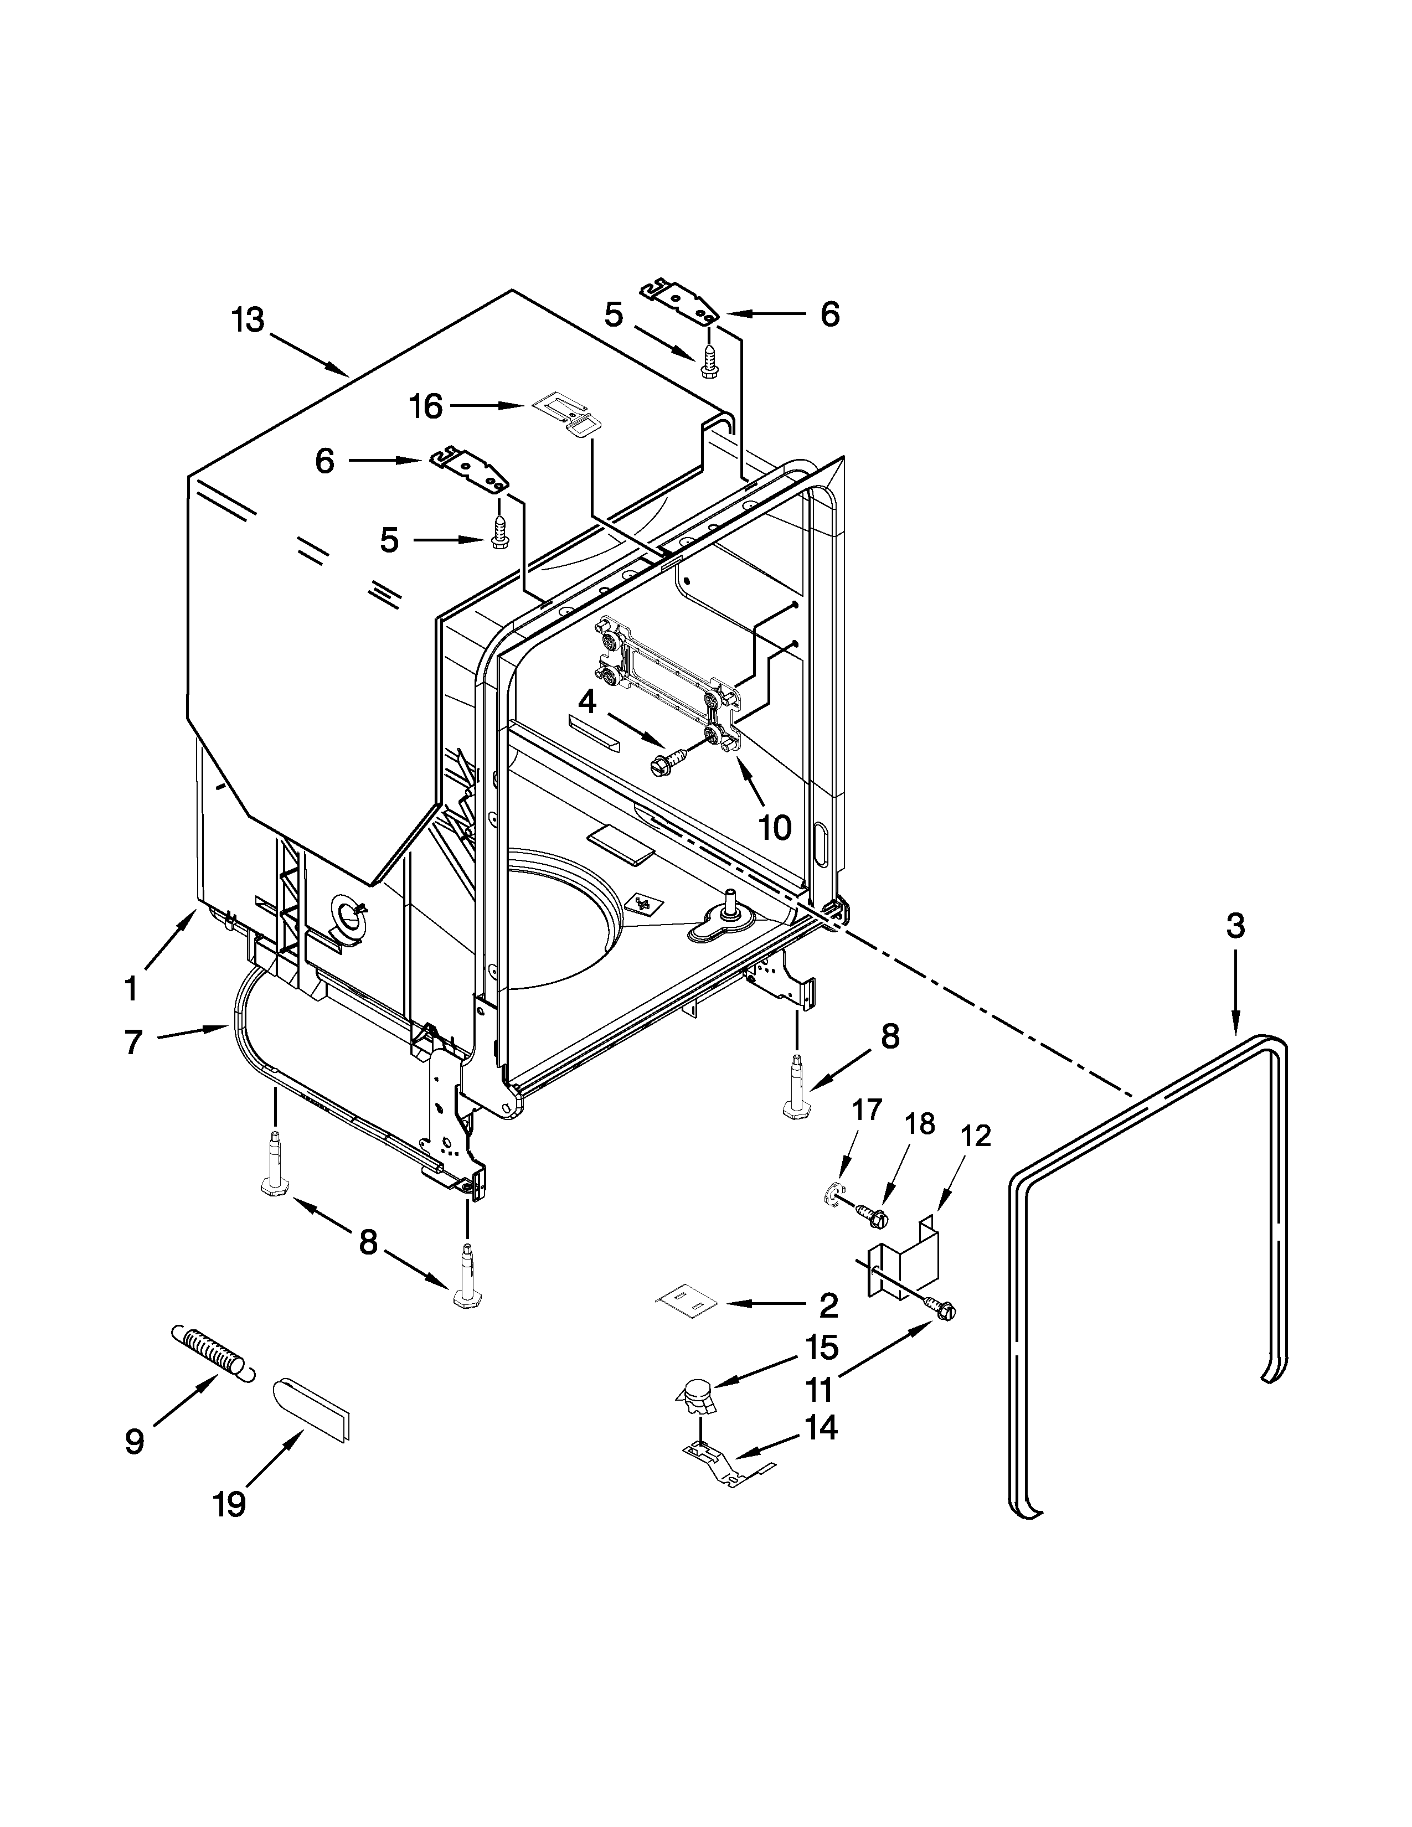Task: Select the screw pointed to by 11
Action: coord(943,1312)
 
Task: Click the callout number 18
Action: coord(920,1123)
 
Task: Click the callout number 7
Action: coord(133,1042)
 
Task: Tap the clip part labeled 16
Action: coord(565,412)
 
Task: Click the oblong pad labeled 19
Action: coord(311,1409)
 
